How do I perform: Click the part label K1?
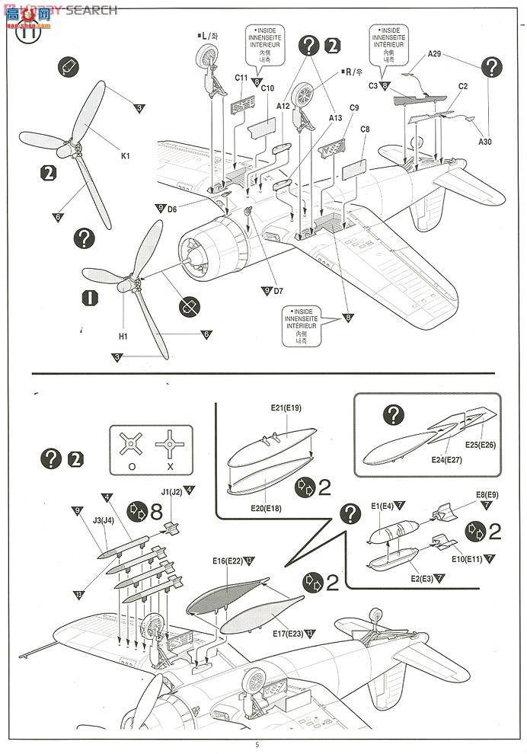pyautogui.click(x=126, y=156)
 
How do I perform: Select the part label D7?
pyautogui.click(x=277, y=290)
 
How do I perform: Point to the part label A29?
pyautogui.click(x=434, y=53)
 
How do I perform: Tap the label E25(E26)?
pyautogui.click(x=481, y=444)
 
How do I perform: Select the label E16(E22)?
pyautogui.click(x=228, y=561)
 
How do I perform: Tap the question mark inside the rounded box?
pyautogui.click(x=392, y=415)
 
